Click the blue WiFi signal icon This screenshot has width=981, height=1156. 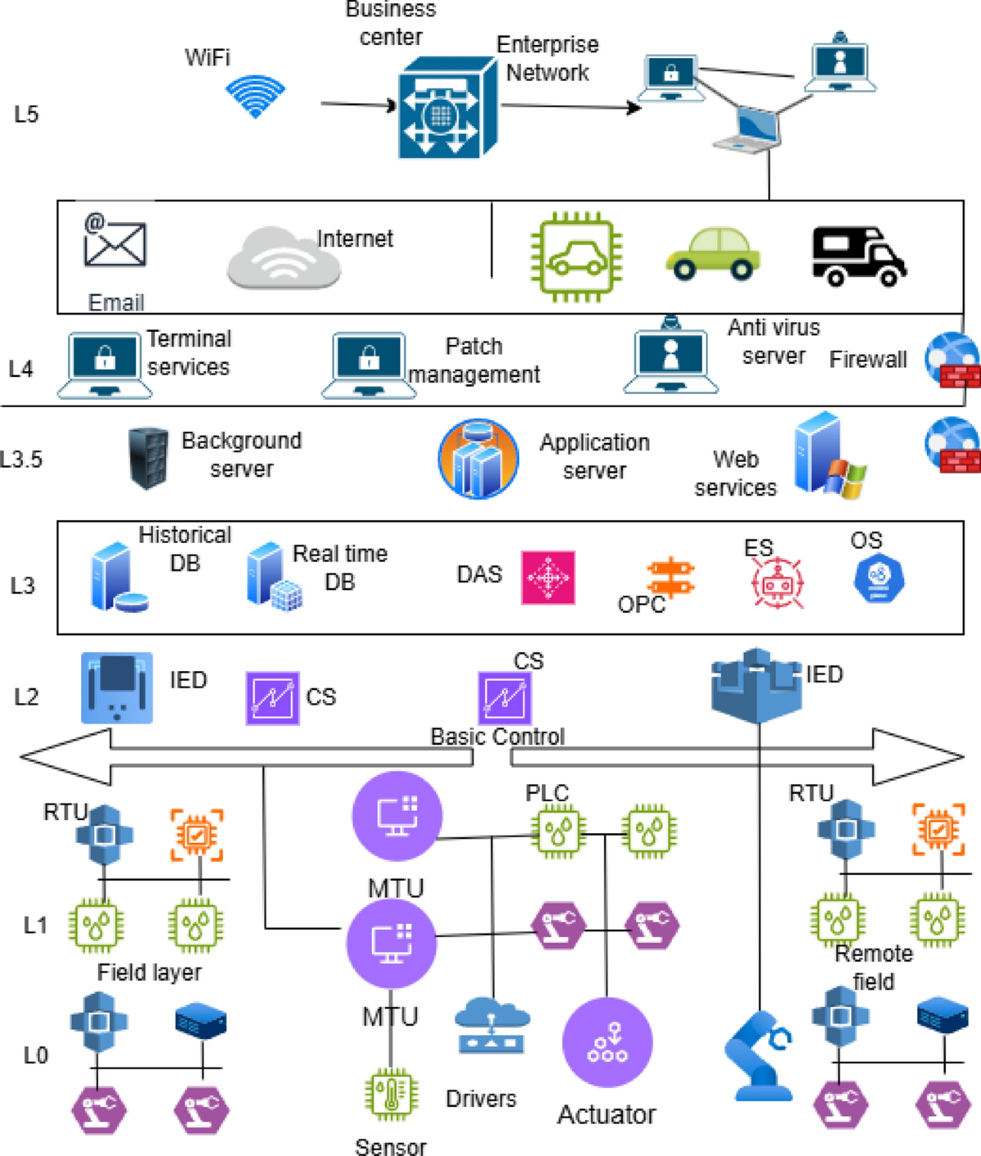tap(256, 96)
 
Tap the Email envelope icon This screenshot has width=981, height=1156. tap(115, 241)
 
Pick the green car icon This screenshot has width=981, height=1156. tap(713, 254)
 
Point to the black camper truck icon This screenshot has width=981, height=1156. tap(858, 256)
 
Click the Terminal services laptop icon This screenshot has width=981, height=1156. tap(105, 365)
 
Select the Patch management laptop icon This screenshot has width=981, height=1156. tap(365, 365)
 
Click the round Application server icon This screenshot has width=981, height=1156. tap(478, 459)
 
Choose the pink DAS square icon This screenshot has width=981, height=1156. tap(548, 577)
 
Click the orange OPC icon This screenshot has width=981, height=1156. tap(670, 577)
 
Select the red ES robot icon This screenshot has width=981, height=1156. tap(777, 583)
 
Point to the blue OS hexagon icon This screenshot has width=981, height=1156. tap(878, 578)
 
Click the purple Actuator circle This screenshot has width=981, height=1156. tap(607, 1042)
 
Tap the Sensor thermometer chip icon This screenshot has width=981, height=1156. tap(391, 1095)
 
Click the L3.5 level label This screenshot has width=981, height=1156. tap(21, 459)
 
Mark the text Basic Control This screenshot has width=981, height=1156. tap(497, 737)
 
